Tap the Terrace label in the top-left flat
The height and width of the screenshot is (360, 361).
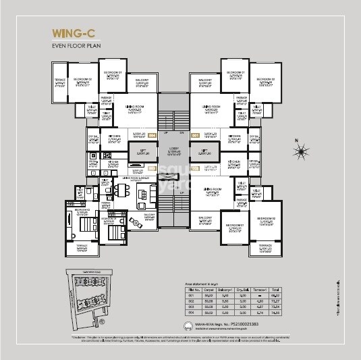59,84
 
